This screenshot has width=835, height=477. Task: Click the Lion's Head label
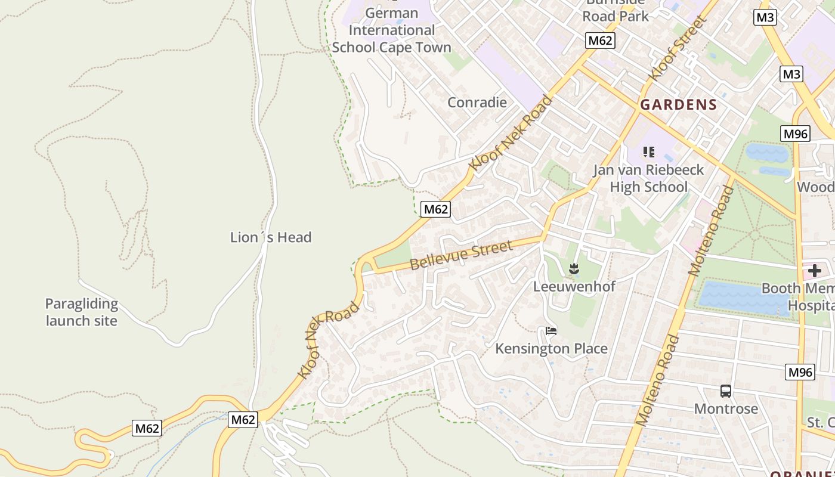click(271, 237)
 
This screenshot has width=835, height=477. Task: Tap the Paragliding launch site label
click(82, 312)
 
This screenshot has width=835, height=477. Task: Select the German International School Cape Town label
click(391, 30)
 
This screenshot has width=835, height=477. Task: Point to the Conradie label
click(477, 103)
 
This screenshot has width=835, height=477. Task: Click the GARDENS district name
click(678, 106)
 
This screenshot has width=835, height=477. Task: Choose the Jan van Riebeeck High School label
click(648, 178)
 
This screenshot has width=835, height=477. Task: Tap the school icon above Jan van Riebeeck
click(649, 152)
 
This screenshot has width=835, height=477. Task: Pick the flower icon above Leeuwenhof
click(574, 269)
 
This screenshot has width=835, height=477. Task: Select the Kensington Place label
click(551, 349)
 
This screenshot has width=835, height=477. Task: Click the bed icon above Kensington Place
click(551, 330)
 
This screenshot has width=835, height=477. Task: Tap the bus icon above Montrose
click(725, 391)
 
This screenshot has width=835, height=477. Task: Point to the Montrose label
click(726, 409)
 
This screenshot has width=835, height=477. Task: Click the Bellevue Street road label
click(461, 255)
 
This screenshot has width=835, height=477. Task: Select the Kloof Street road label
click(678, 48)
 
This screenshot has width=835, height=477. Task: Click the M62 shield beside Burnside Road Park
click(599, 41)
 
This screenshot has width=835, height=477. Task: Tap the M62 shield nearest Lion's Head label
click(435, 209)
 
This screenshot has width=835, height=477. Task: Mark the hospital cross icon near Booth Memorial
click(814, 271)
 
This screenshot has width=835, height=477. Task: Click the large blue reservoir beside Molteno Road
click(746, 298)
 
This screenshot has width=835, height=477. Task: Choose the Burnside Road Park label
click(616, 10)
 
